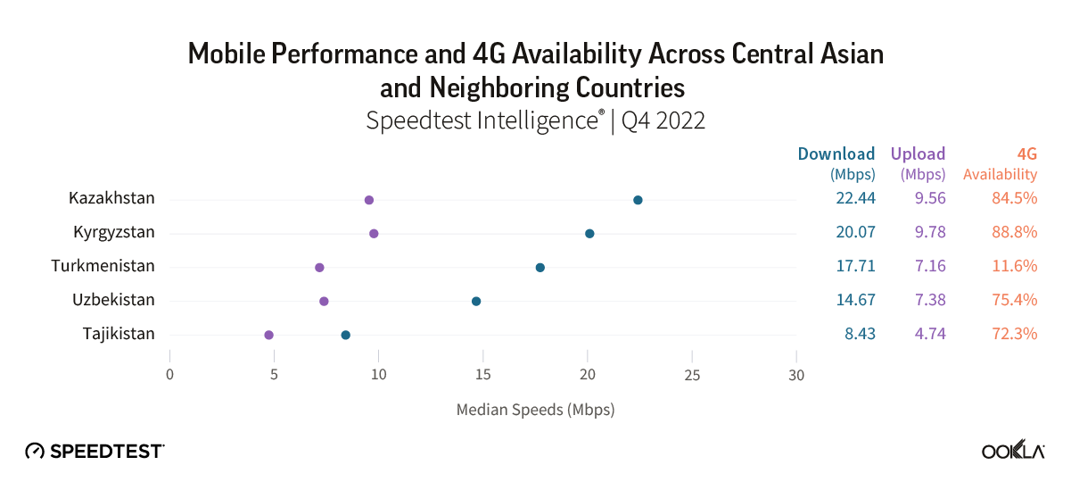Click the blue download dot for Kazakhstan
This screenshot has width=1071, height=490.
[x=638, y=200]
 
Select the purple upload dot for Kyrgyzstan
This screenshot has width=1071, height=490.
[x=374, y=234]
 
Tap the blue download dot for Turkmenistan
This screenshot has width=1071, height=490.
[x=540, y=268]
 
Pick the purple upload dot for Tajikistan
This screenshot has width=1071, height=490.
[x=268, y=335]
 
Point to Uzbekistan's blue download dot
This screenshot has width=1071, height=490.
[x=476, y=302]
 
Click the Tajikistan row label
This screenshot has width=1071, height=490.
[x=119, y=334]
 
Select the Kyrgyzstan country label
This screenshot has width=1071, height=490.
[x=114, y=232]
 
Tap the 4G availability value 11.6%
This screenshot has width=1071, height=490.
[x=1014, y=266]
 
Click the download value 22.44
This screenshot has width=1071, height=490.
[x=855, y=198]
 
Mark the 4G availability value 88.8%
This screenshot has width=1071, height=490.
[x=1014, y=232]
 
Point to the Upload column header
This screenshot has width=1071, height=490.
[x=918, y=154]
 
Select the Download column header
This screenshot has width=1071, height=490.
[x=836, y=154]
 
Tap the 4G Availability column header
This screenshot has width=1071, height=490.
[x=1009, y=163]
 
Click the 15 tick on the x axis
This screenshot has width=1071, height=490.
[x=483, y=375]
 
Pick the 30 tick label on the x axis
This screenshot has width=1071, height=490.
[x=796, y=375]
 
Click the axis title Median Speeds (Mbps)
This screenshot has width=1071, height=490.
[x=535, y=411]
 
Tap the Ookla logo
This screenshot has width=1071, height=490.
[x=1013, y=451]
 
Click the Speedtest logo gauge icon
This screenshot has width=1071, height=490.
[x=35, y=451]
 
